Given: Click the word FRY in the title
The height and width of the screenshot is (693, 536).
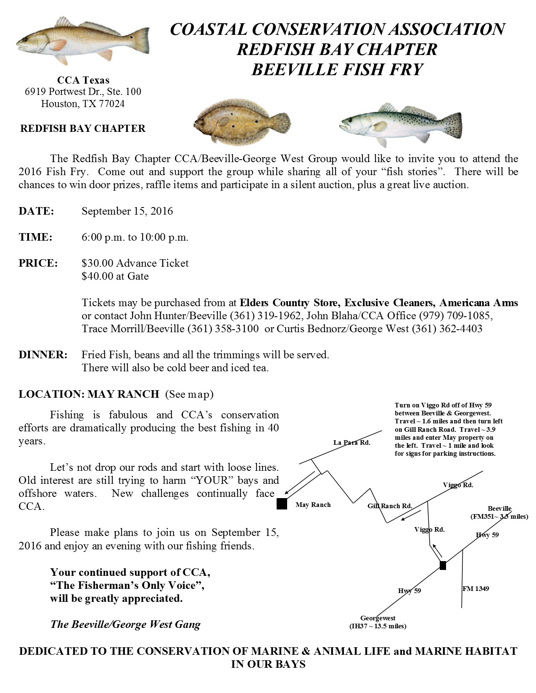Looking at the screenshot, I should click(x=403, y=69).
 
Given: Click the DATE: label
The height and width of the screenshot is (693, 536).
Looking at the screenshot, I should click(x=36, y=211).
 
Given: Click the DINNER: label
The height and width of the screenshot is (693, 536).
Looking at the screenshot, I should click(x=43, y=354).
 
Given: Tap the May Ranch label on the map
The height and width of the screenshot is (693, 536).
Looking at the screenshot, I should click(x=313, y=504).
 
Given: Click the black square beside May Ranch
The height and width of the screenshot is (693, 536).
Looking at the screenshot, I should click(x=282, y=504).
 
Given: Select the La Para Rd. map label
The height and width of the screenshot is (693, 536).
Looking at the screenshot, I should click(x=351, y=442).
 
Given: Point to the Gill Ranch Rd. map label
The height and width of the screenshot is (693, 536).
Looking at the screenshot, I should click(x=390, y=506).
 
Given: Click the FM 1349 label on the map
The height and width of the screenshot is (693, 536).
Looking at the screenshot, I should click(x=475, y=588).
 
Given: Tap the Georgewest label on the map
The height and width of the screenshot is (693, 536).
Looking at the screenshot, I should click(x=378, y=618).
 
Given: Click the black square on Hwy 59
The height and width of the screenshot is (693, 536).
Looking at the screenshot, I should click(x=443, y=565).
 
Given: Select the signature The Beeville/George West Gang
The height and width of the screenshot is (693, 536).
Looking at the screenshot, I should click(x=125, y=624).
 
